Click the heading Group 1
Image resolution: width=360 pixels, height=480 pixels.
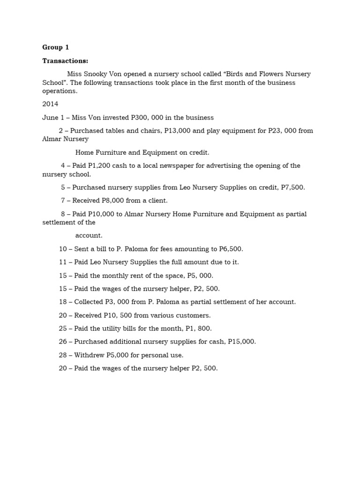coord(56,47)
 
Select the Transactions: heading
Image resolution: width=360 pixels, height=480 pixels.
coord(65,60)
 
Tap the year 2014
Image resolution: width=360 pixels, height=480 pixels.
coord(50,104)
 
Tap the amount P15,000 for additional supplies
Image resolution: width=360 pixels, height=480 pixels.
coord(242,342)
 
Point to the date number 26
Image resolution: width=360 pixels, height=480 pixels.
coord(63,342)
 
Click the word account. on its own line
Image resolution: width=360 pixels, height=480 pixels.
coord(89,236)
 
